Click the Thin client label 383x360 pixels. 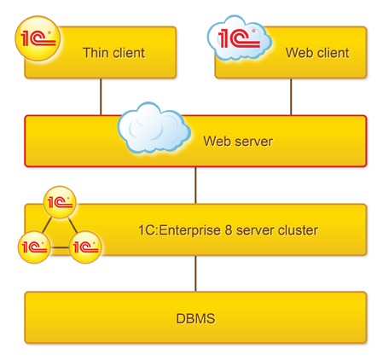[x=113, y=53]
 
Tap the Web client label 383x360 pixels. [x=317, y=53]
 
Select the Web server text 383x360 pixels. [x=238, y=142]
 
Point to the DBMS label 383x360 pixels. [x=195, y=319]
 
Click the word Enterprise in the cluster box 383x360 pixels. [x=189, y=230]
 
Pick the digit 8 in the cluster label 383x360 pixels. [x=229, y=230]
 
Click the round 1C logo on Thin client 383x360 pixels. [x=38, y=38]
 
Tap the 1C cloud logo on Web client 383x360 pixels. [x=240, y=38]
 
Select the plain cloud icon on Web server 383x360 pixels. [x=154, y=127]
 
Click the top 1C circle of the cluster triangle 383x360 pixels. [x=60, y=202]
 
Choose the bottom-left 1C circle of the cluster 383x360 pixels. [x=34, y=247]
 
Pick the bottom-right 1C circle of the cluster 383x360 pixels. [x=85, y=247]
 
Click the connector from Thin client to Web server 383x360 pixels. [x=101, y=96]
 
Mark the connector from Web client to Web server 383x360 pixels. [x=291, y=96]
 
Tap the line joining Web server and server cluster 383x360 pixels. [x=195, y=185]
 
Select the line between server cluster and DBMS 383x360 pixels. [x=195, y=274]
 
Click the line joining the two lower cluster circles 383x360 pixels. [x=60, y=247]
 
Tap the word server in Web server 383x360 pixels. [x=254, y=142]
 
